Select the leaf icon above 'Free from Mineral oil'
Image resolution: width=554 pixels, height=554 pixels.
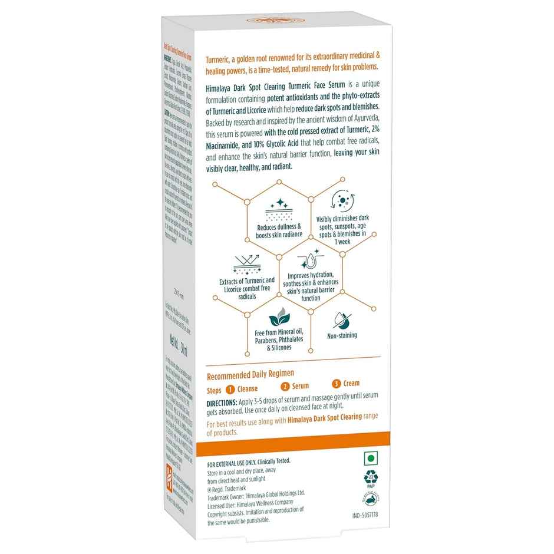point(276,321)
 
